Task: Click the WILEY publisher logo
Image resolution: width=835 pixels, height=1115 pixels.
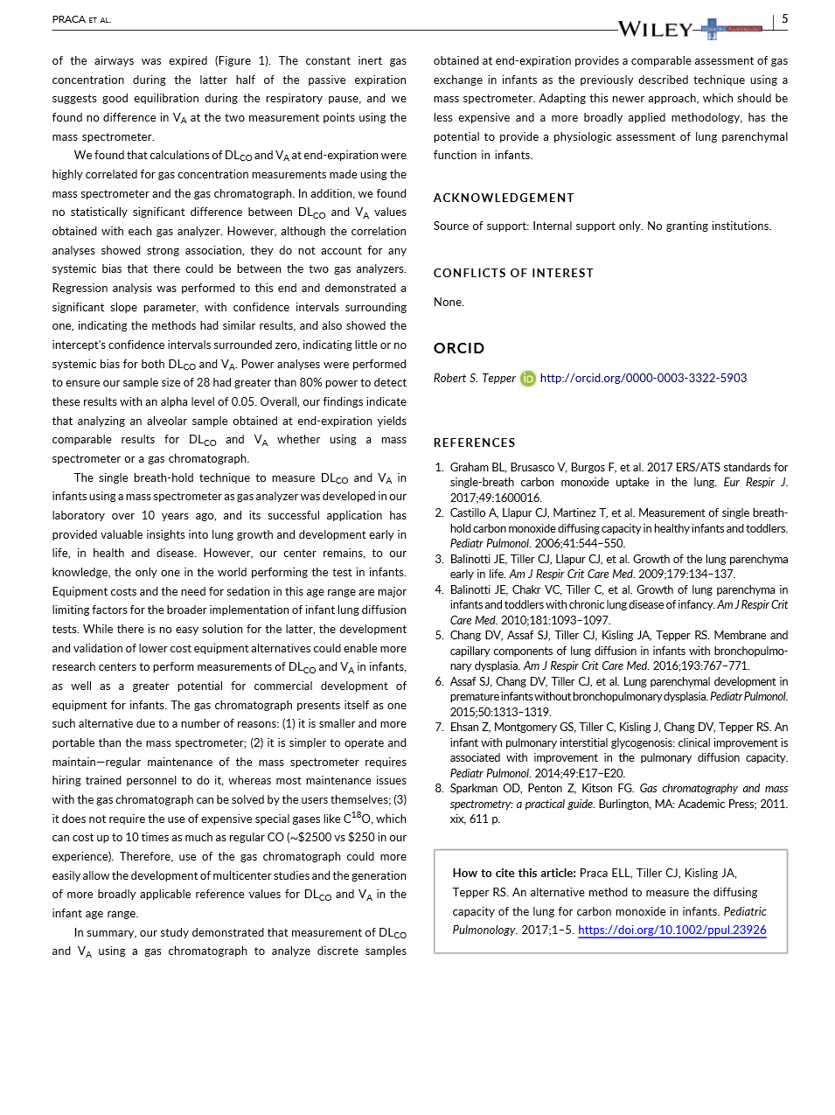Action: (655, 29)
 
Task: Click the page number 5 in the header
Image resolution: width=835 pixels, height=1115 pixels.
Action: (784, 18)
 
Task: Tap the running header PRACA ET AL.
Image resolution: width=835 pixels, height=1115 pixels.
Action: (81, 19)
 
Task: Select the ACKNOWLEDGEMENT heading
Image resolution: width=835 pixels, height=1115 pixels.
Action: (504, 198)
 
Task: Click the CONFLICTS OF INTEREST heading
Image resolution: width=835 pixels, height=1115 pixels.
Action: (513, 273)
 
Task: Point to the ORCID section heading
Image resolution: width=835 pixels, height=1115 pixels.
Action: (458, 348)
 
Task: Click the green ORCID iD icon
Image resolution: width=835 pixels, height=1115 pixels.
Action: (528, 379)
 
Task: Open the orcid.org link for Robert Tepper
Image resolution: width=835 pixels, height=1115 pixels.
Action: (643, 378)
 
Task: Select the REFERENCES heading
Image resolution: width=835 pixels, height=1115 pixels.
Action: (474, 443)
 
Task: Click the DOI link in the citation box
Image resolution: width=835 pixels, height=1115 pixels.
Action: (671, 930)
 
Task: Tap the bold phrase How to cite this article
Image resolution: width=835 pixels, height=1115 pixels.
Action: (514, 873)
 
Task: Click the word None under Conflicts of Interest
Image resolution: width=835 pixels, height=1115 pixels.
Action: (449, 302)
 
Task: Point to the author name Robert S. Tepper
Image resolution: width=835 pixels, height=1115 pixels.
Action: (474, 378)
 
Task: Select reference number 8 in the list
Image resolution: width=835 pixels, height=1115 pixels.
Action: (439, 788)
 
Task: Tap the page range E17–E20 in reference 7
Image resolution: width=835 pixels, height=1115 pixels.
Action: (601, 773)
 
